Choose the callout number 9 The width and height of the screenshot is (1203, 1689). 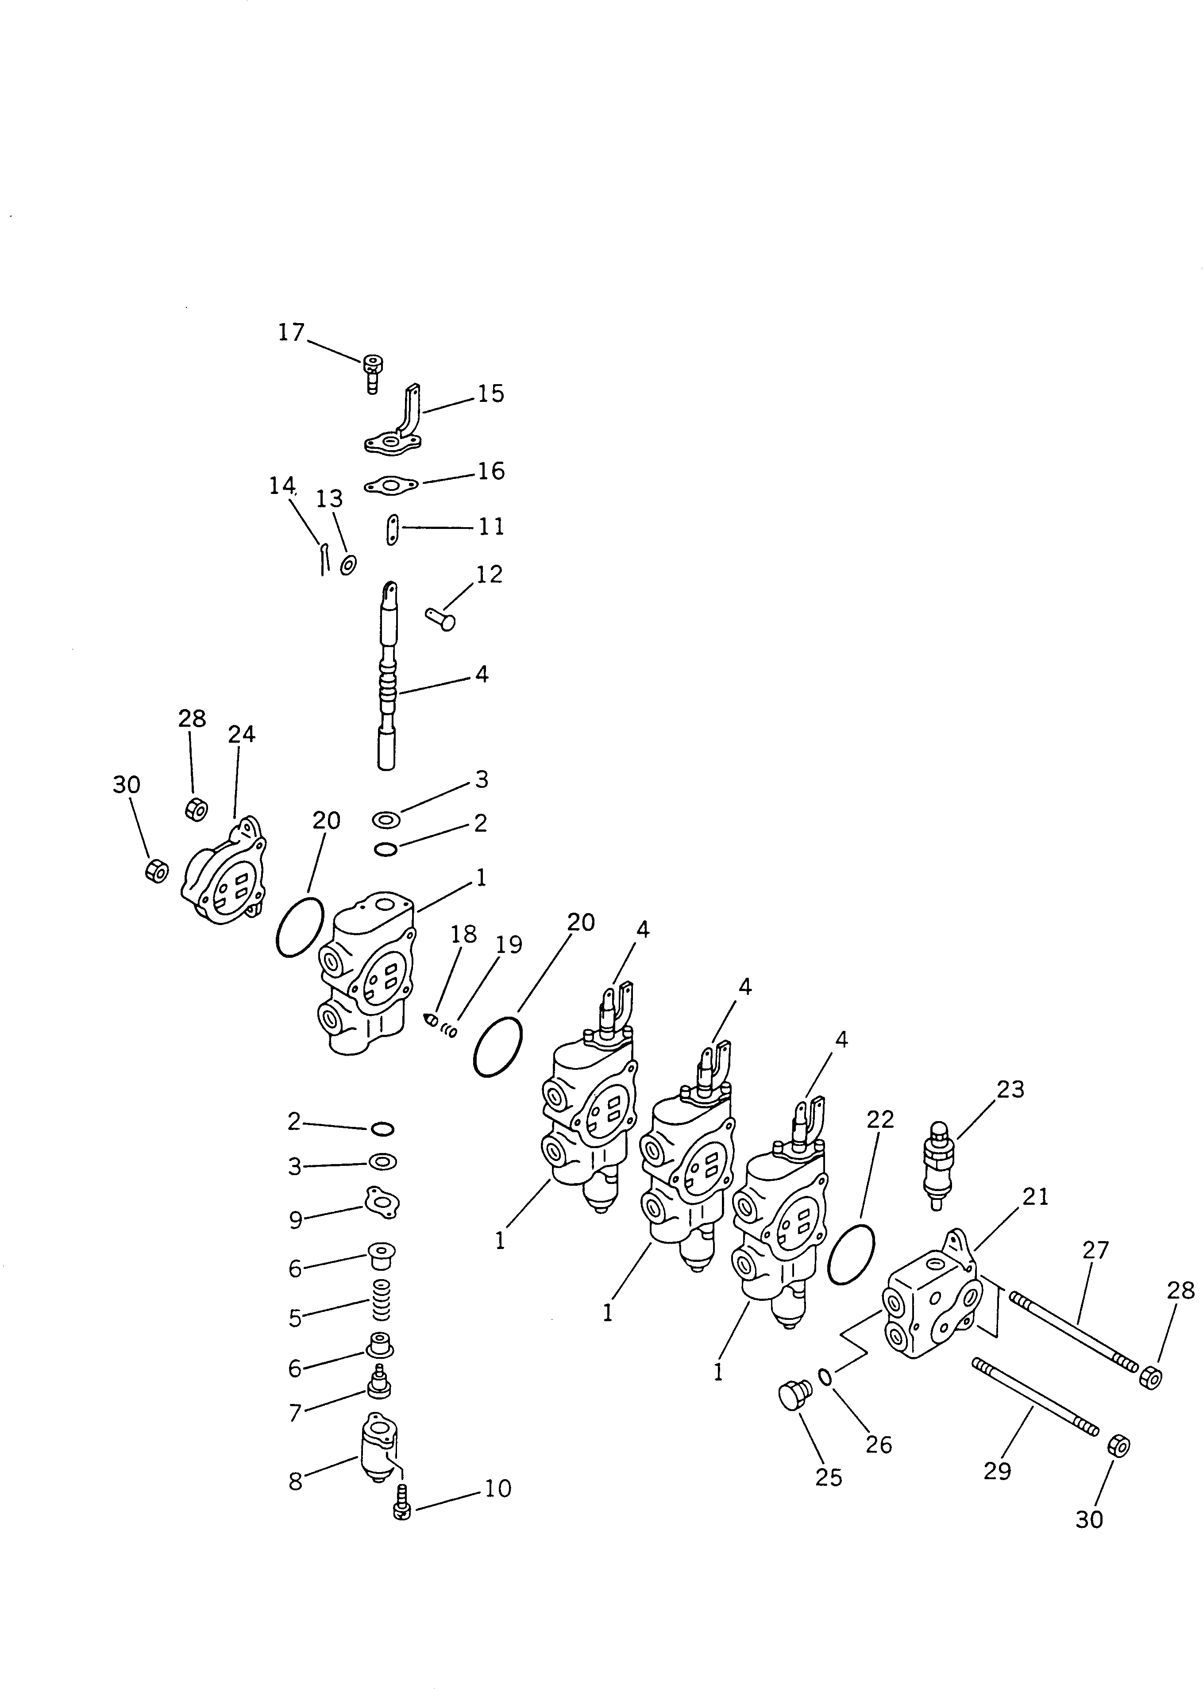(296, 1220)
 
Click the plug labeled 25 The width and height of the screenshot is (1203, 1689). (794, 1395)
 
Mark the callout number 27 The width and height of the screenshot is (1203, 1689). (1095, 1250)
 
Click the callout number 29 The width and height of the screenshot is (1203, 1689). (997, 1470)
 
